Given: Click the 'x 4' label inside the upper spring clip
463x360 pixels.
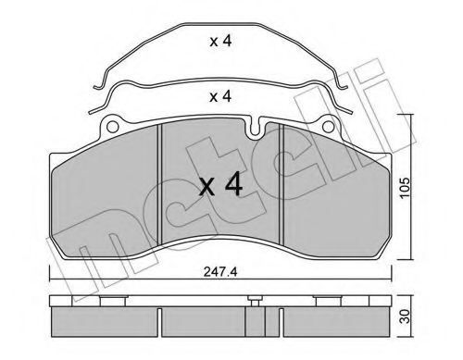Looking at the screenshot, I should tap(220, 41).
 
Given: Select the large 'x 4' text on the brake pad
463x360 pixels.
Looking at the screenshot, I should tap(221, 186).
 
